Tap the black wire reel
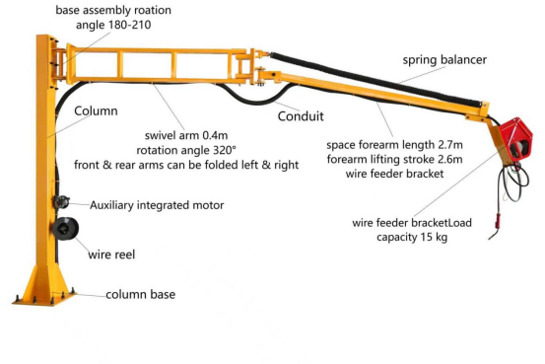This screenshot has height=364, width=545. (x=62, y=233)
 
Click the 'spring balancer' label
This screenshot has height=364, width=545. (x=444, y=60)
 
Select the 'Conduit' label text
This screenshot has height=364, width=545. (x=301, y=115)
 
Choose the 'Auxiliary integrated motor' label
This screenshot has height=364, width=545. (x=157, y=205)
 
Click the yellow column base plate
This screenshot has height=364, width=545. (x=45, y=293)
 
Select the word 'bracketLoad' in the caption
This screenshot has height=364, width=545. (x=438, y=222)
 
